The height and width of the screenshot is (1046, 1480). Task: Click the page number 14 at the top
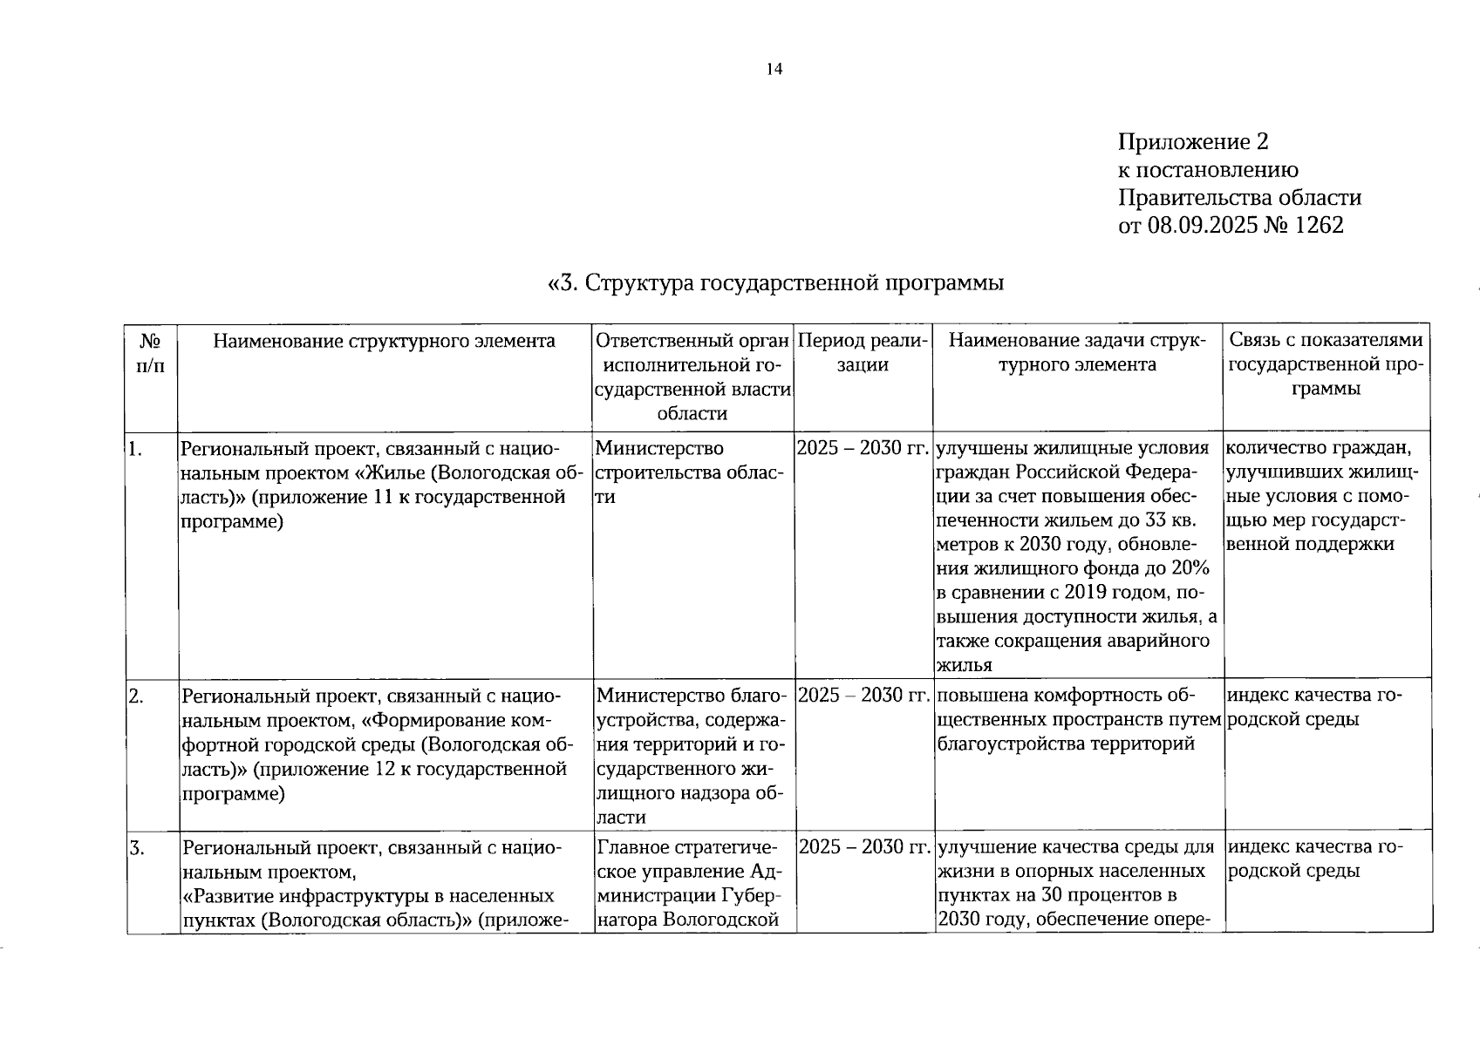click(x=774, y=70)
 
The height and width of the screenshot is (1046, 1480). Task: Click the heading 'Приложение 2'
click(x=1192, y=142)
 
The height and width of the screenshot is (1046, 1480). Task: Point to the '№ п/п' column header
click(x=152, y=352)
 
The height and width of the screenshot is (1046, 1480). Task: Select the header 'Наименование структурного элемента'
click(x=385, y=341)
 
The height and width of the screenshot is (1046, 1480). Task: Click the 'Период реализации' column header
click(x=863, y=352)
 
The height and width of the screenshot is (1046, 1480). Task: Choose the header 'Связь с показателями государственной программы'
click(x=1326, y=364)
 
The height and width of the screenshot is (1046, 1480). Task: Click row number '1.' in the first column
click(x=135, y=450)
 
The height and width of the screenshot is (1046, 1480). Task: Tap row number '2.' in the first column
click(x=136, y=696)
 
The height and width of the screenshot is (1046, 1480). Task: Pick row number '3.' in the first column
click(x=136, y=847)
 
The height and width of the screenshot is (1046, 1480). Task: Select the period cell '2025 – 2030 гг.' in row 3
click(x=863, y=847)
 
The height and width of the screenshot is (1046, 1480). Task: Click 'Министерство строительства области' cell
click(x=689, y=472)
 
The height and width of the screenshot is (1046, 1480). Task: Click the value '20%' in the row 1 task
click(x=1190, y=569)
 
